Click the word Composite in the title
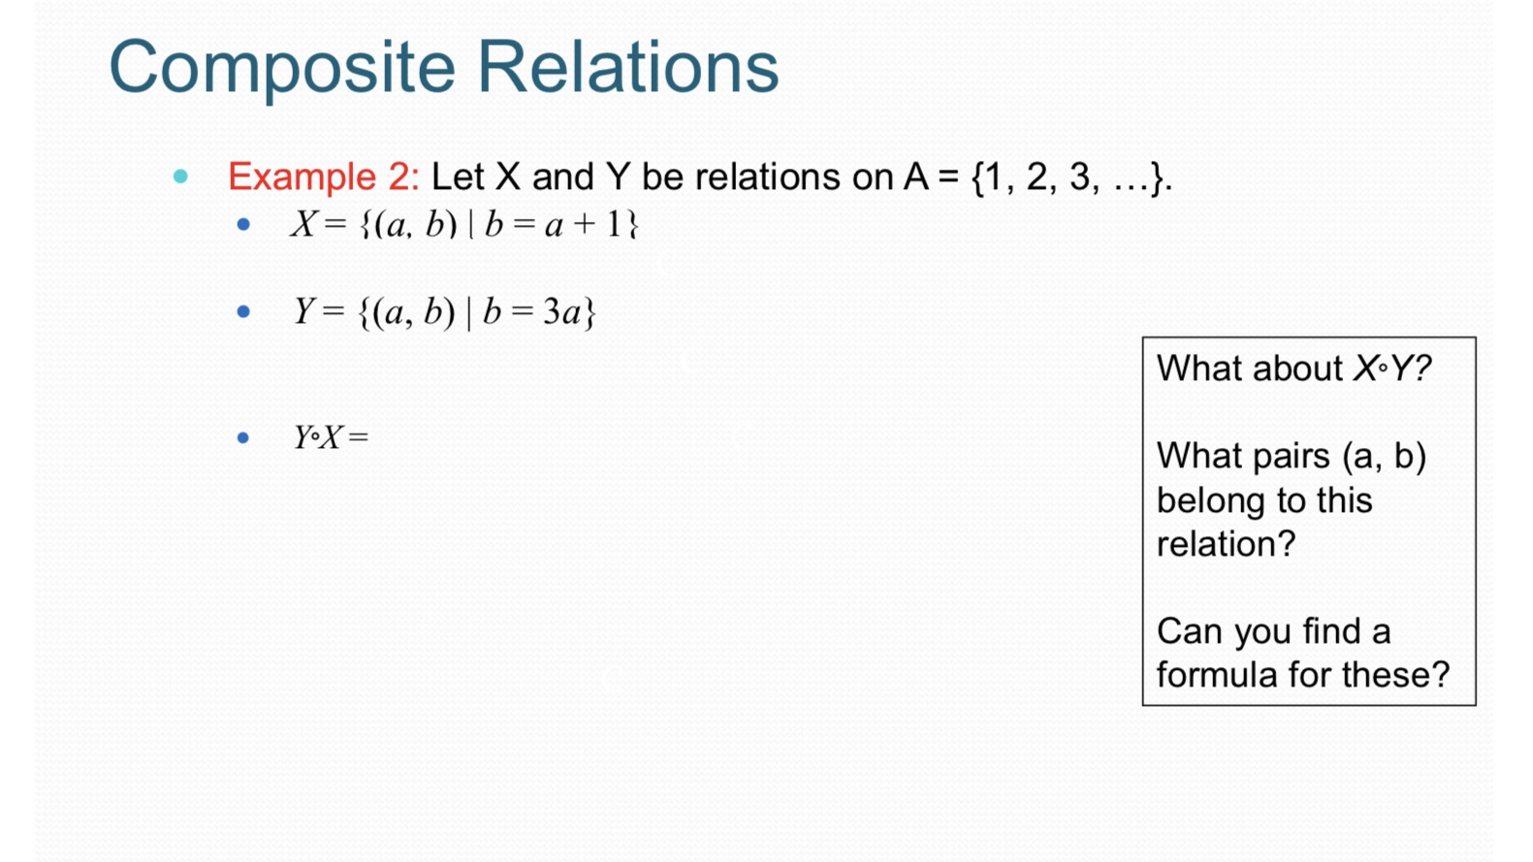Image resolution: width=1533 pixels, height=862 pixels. [281, 68]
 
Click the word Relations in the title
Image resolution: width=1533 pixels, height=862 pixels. [627, 68]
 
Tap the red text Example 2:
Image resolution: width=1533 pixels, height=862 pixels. [323, 177]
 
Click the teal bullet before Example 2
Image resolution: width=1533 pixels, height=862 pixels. [180, 176]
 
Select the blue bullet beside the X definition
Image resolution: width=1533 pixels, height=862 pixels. [243, 225]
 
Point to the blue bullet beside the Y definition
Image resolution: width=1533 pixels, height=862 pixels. [243, 312]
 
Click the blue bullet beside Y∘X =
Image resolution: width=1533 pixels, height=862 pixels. [243, 438]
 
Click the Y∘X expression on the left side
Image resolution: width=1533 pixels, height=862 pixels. [319, 438]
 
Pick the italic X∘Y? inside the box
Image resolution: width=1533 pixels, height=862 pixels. [1391, 369]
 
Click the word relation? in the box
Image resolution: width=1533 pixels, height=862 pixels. [1226, 544]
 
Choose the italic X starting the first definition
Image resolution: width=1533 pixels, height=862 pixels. [303, 225]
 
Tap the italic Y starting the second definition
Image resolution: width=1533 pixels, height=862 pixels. [303, 312]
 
